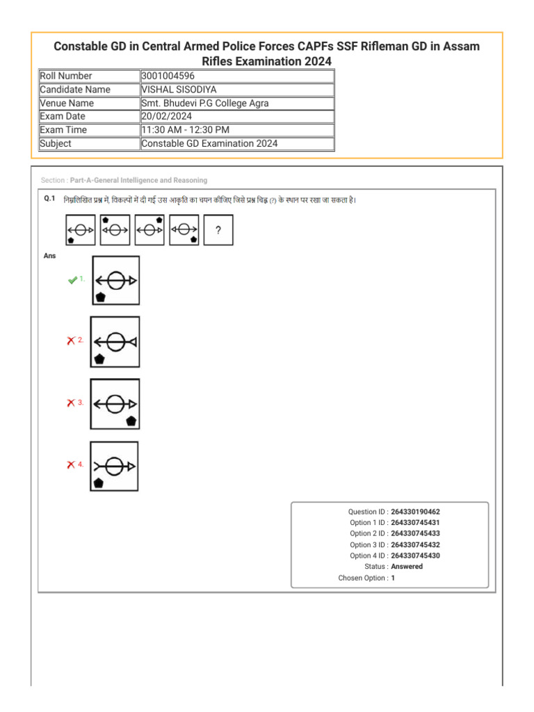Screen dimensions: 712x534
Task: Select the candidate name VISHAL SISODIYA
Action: [x=178, y=90]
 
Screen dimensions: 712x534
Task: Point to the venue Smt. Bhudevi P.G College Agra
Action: [x=204, y=103]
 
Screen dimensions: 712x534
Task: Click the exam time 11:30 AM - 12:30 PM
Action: [x=185, y=130]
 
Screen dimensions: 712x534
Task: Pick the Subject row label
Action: [x=56, y=144]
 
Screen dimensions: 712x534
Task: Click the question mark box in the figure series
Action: [x=218, y=230]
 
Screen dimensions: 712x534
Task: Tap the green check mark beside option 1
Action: [x=72, y=280]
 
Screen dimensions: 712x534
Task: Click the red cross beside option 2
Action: [x=71, y=341]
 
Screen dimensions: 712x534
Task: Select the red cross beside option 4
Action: [x=71, y=464]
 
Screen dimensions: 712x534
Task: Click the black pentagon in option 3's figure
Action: [x=131, y=421]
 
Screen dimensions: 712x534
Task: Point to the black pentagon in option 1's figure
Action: [x=101, y=297]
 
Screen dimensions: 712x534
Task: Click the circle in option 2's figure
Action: [x=116, y=341]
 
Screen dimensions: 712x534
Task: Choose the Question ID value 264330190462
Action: [x=415, y=512]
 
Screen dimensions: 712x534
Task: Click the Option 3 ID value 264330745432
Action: [x=415, y=545]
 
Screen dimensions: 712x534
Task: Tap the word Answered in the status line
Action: [x=407, y=567]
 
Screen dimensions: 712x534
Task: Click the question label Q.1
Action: [x=49, y=199]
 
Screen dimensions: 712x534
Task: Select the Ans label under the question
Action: [x=49, y=256]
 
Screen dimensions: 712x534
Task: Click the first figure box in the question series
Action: [x=80, y=230]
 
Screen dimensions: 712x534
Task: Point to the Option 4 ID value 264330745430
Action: [x=415, y=556]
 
